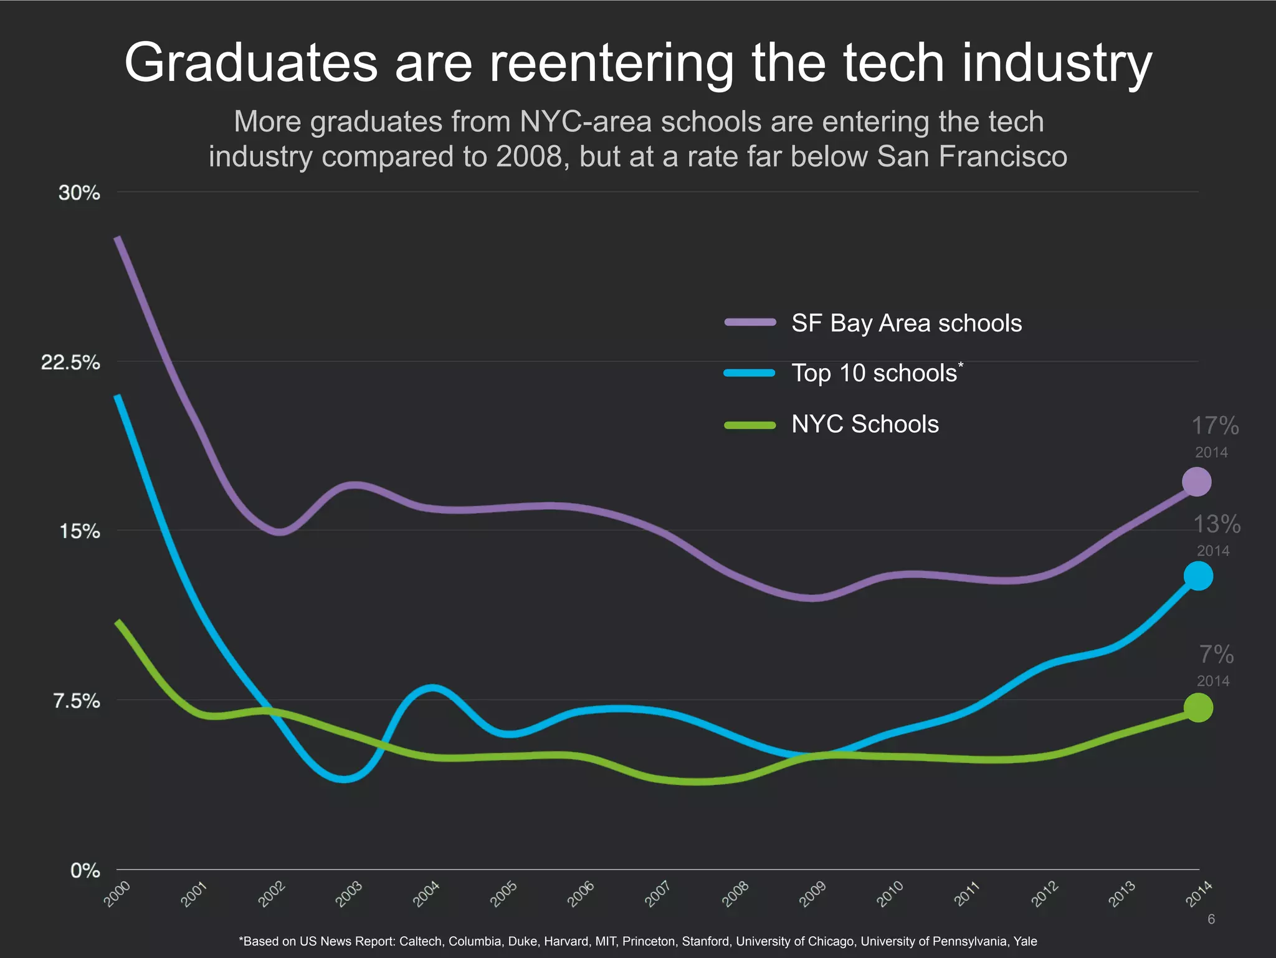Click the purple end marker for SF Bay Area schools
1196,482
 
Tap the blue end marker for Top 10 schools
1197,576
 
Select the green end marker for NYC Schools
1197,708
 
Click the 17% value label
1214,426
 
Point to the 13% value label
1216,524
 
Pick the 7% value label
1216,655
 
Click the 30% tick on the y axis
79,193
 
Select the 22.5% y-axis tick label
70,363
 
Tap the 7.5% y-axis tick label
76,701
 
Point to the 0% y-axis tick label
85,871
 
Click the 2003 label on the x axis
349,894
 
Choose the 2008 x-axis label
735,894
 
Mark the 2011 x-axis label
967,894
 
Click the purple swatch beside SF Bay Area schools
750,323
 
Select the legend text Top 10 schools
874,374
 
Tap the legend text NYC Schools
865,425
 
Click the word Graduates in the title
251,63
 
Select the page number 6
1211,919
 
